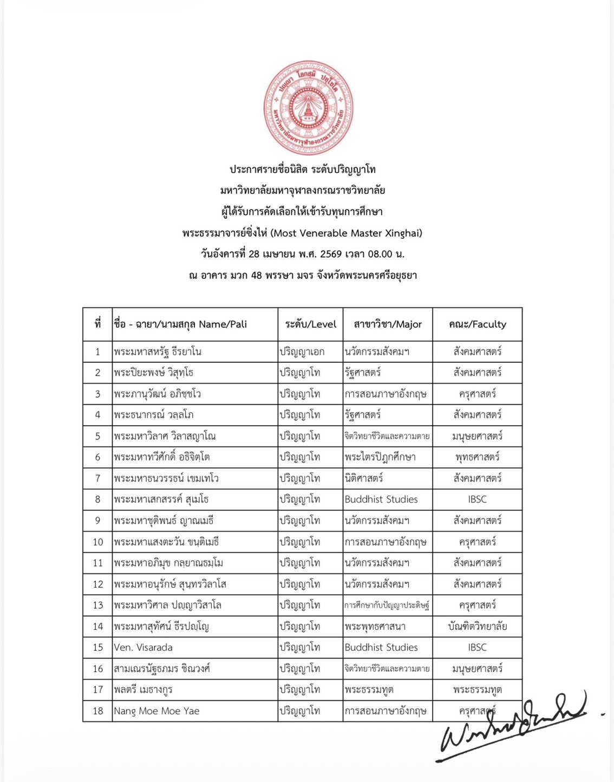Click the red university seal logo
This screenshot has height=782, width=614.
[308, 108]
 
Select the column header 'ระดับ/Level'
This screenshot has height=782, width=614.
[310, 324]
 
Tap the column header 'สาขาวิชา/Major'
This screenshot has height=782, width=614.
[388, 324]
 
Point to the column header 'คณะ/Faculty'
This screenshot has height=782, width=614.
[477, 324]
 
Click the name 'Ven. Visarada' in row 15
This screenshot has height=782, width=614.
[143, 647]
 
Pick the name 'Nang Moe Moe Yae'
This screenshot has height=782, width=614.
[156, 711]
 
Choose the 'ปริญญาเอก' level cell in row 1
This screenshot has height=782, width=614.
[302, 351]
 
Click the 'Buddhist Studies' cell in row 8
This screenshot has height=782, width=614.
[381, 499]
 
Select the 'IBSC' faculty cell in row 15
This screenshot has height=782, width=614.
[477, 647]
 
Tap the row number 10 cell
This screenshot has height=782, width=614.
[97, 542]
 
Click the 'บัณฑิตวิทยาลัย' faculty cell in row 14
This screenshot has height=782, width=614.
[477, 627]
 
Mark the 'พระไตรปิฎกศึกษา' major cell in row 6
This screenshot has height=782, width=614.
[380, 457]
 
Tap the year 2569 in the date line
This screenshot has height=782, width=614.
[331, 254]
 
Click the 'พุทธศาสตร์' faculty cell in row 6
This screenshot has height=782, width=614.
[477, 457]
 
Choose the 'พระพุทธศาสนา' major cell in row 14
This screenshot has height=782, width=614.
[375, 627]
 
